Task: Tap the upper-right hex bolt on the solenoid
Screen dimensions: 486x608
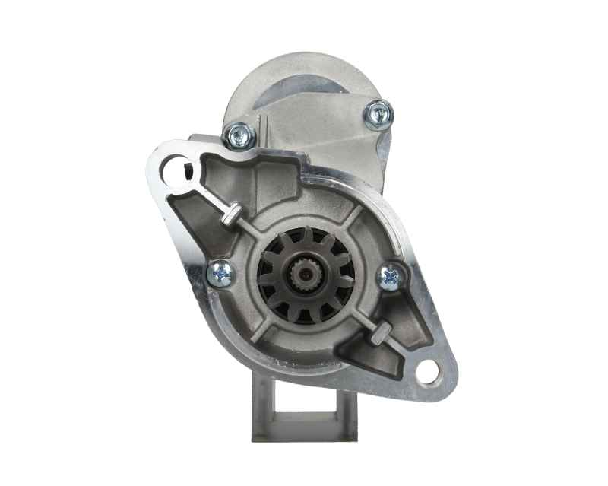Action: (377, 114)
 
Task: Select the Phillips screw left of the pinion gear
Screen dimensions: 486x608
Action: (220, 272)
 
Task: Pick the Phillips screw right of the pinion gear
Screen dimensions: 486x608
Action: (391, 276)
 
